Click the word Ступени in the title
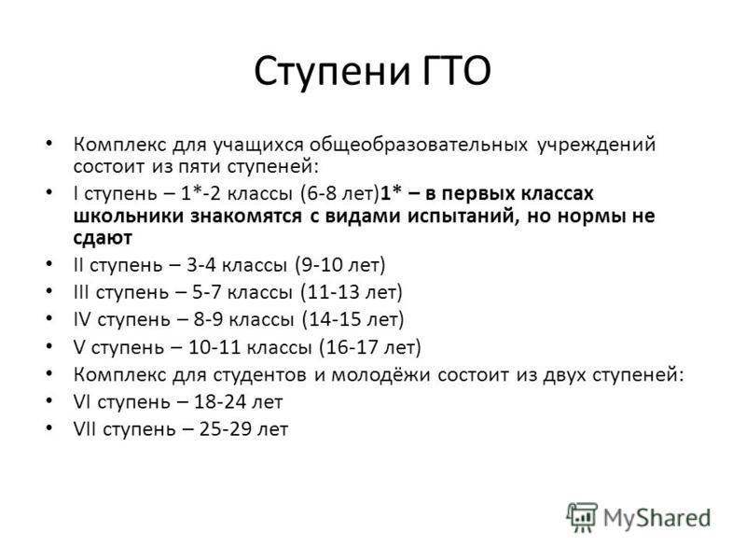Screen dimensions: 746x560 [x=332, y=73]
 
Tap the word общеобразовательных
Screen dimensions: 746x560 [x=418, y=145]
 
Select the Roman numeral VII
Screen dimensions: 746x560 [x=85, y=429]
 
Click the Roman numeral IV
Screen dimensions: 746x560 [x=82, y=319]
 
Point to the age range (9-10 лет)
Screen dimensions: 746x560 [x=340, y=265]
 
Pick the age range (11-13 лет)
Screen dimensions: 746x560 [x=352, y=292]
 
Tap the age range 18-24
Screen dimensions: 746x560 [x=220, y=402]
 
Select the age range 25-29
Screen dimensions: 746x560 [x=226, y=429]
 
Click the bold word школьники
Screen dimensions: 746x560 [x=129, y=216]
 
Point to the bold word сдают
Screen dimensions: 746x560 [x=103, y=238]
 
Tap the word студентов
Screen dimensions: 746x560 [x=260, y=375]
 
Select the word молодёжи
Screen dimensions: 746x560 [x=381, y=375]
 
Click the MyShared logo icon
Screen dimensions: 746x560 [x=581, y=517]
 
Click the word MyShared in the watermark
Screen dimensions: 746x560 [x=657, y=518]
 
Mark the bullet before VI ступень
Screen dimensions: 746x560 [x=49, y=401]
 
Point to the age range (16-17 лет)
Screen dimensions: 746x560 [x=370, y=347]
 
